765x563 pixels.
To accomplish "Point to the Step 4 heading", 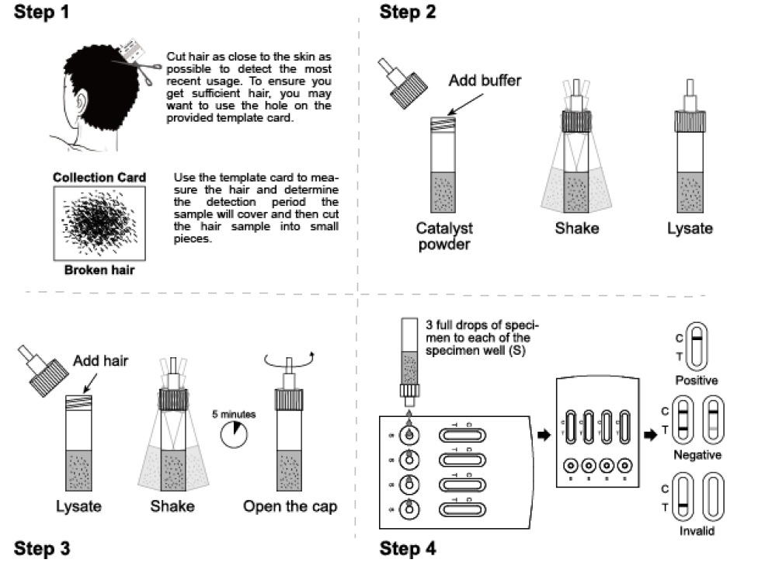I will (x=408, y=548).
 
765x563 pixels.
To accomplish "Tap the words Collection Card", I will (x=99, y=178).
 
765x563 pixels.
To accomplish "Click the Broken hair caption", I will (x=99, y=271).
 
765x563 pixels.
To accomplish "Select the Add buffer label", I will (x=485, y=80).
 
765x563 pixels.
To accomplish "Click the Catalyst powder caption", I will (x=444, y=236).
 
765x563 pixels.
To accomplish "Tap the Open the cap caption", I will (x=290, y=507).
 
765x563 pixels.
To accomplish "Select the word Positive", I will (x=696, y=381).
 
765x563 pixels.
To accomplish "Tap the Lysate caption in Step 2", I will (x=690, y=229).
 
